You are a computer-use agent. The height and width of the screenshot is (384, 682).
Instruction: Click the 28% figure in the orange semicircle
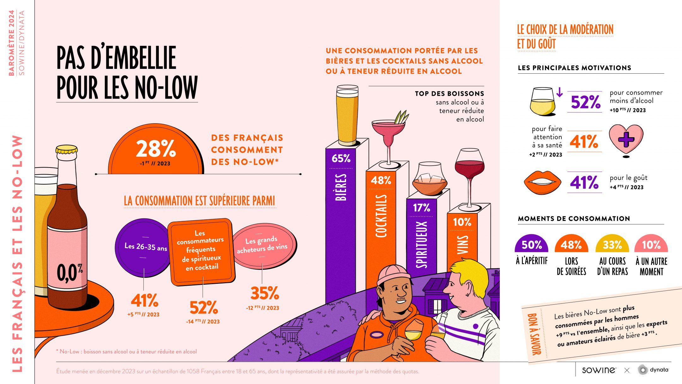(156, 149)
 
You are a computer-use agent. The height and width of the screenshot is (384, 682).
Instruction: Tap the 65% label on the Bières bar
(341, 158)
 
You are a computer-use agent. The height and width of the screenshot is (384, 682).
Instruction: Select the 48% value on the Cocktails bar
(381, 180)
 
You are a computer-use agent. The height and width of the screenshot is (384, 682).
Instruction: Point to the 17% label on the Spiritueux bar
(422, 208)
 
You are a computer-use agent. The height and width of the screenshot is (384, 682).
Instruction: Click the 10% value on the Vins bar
(462, 222)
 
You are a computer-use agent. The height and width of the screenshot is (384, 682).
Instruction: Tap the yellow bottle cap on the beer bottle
(67, 149)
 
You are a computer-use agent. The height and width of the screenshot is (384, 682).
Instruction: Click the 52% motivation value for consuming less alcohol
(585, 102)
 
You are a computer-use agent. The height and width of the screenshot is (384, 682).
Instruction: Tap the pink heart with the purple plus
(626, 139)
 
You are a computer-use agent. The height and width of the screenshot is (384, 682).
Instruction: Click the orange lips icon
(542, 182)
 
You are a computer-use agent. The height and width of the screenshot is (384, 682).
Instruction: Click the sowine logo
(599, 370)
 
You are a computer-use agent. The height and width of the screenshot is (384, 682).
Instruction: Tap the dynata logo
(653, 370)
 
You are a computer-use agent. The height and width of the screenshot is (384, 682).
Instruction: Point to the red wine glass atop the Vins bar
(469, 171)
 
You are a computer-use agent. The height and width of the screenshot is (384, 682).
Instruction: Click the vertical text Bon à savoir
(534, 334)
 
